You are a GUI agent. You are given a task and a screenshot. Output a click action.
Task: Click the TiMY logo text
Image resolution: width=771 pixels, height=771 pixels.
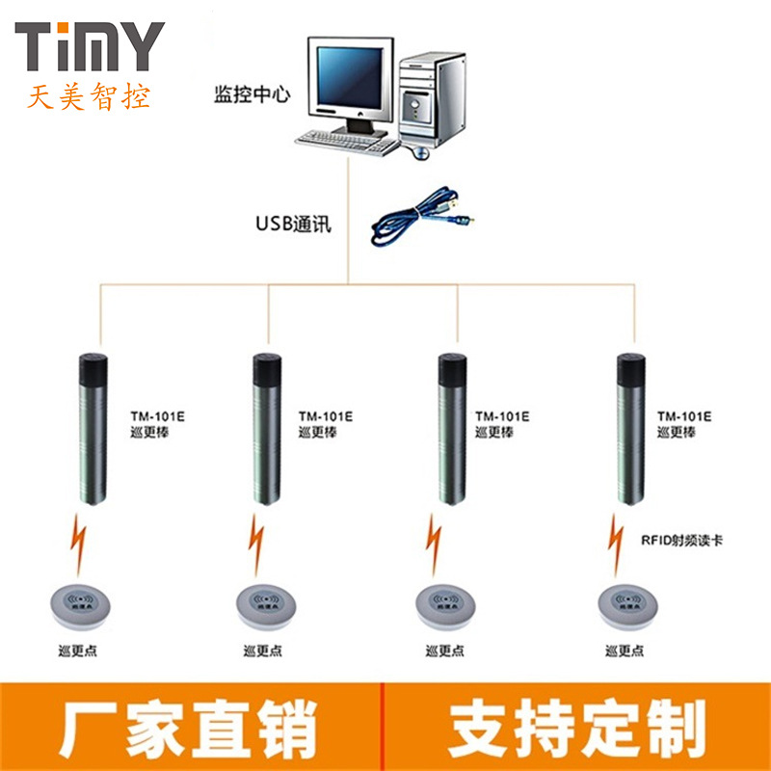(x=89, y=46)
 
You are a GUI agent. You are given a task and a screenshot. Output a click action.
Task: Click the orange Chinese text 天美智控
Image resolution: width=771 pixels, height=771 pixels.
(x=89, y=96)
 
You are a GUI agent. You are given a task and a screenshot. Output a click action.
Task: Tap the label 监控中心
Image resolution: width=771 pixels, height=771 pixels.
(x=251, y=96)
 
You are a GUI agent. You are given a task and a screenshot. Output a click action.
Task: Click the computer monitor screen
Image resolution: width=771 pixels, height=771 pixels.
(x=350, y=79)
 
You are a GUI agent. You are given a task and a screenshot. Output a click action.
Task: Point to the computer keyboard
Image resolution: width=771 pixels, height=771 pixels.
(x=347, y=142)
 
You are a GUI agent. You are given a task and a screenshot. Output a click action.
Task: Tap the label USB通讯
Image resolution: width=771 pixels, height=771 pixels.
(x=293, y=225)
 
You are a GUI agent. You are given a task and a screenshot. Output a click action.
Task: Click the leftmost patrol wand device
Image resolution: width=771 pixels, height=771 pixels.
(x=93, y=429)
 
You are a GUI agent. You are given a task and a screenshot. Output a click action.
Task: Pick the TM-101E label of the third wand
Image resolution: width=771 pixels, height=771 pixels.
(x=502, y=416)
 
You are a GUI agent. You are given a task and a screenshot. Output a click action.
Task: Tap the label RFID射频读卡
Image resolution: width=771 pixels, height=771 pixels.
(x=681, y=541)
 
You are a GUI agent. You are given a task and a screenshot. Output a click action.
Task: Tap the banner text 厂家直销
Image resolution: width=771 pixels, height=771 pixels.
(x=189, y=729)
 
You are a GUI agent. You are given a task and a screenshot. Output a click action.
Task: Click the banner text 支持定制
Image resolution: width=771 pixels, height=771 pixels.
(x=576, y=729)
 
